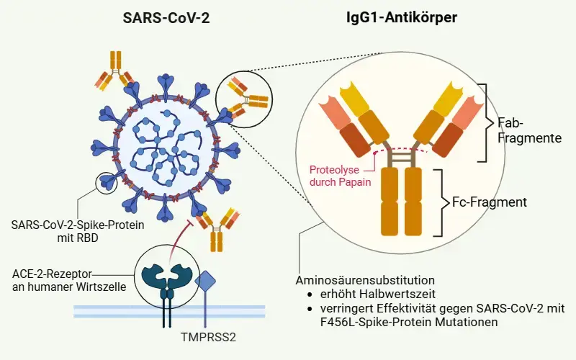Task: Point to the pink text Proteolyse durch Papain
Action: [x=341, y=176]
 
